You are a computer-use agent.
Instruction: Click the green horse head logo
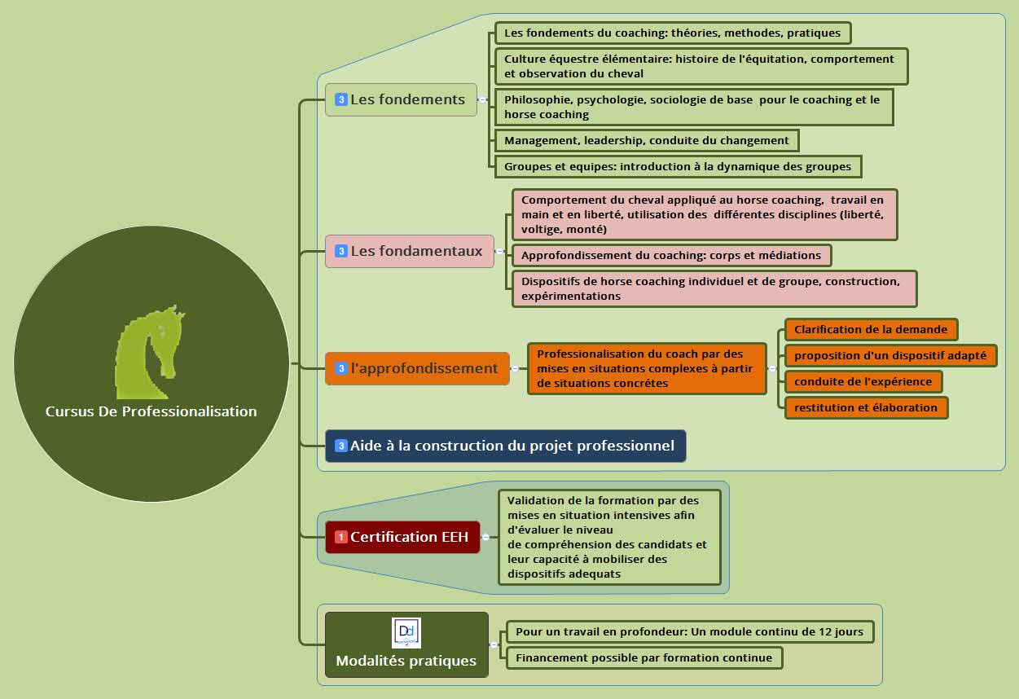(x=150, y=351)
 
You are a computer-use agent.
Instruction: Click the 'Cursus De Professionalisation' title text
(x=151, y=411)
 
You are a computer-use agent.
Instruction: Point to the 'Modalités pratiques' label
(x=406, y=661)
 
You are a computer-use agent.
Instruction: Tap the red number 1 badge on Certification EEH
(x=341, y=537)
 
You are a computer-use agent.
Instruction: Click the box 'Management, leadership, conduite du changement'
(x=646, y=140)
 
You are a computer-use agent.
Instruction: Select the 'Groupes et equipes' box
(x=677, y=166)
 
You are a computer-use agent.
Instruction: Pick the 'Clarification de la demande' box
(x=870, y=329)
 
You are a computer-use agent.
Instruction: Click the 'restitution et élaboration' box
(x=866, y=407)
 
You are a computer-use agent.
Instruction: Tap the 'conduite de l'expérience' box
(x=863, y=381)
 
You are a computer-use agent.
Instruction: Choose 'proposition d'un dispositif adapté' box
(x=889, y=355)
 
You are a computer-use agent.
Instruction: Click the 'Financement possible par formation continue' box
(x=643, y=657)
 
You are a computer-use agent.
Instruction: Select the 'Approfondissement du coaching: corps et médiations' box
(x=671, y=255)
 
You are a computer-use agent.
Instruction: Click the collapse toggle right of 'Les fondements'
(x=482, y=99)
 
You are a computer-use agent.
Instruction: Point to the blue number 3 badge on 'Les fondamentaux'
(x=341, y=251)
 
